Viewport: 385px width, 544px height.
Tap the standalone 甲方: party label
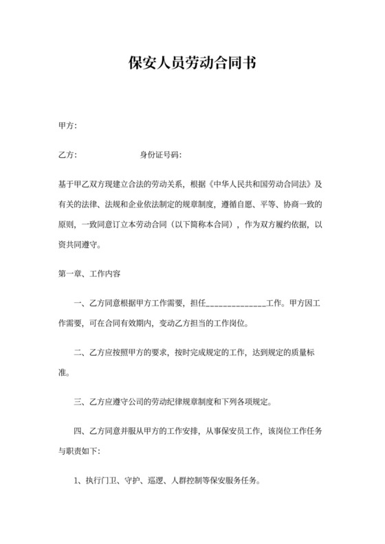coord(67,126)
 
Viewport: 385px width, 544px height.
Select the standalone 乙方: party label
coord(67,155)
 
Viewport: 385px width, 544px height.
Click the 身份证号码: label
coord(160,155)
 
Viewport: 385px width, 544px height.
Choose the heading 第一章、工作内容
coord(89,273)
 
